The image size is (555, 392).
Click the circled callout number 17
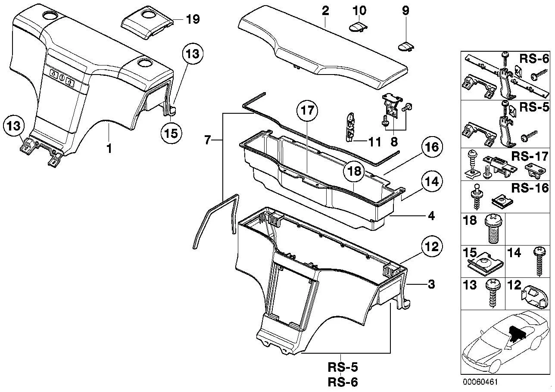pos(308,111)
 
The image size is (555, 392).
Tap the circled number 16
pos(432,147)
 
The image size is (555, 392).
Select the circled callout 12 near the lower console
pos(432,246)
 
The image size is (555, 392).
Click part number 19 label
pos(193,19)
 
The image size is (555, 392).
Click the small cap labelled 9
pos(407,46)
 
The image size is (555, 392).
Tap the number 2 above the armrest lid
pos(325,11)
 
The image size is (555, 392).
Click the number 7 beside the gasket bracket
pos(207,140)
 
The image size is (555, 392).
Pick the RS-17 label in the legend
pos(530,156)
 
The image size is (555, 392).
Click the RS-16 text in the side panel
pos(530,188)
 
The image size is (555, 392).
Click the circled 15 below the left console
pos(171,133)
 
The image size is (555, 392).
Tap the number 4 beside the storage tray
pos(431,216)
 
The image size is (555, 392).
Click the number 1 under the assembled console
pos(109,149)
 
